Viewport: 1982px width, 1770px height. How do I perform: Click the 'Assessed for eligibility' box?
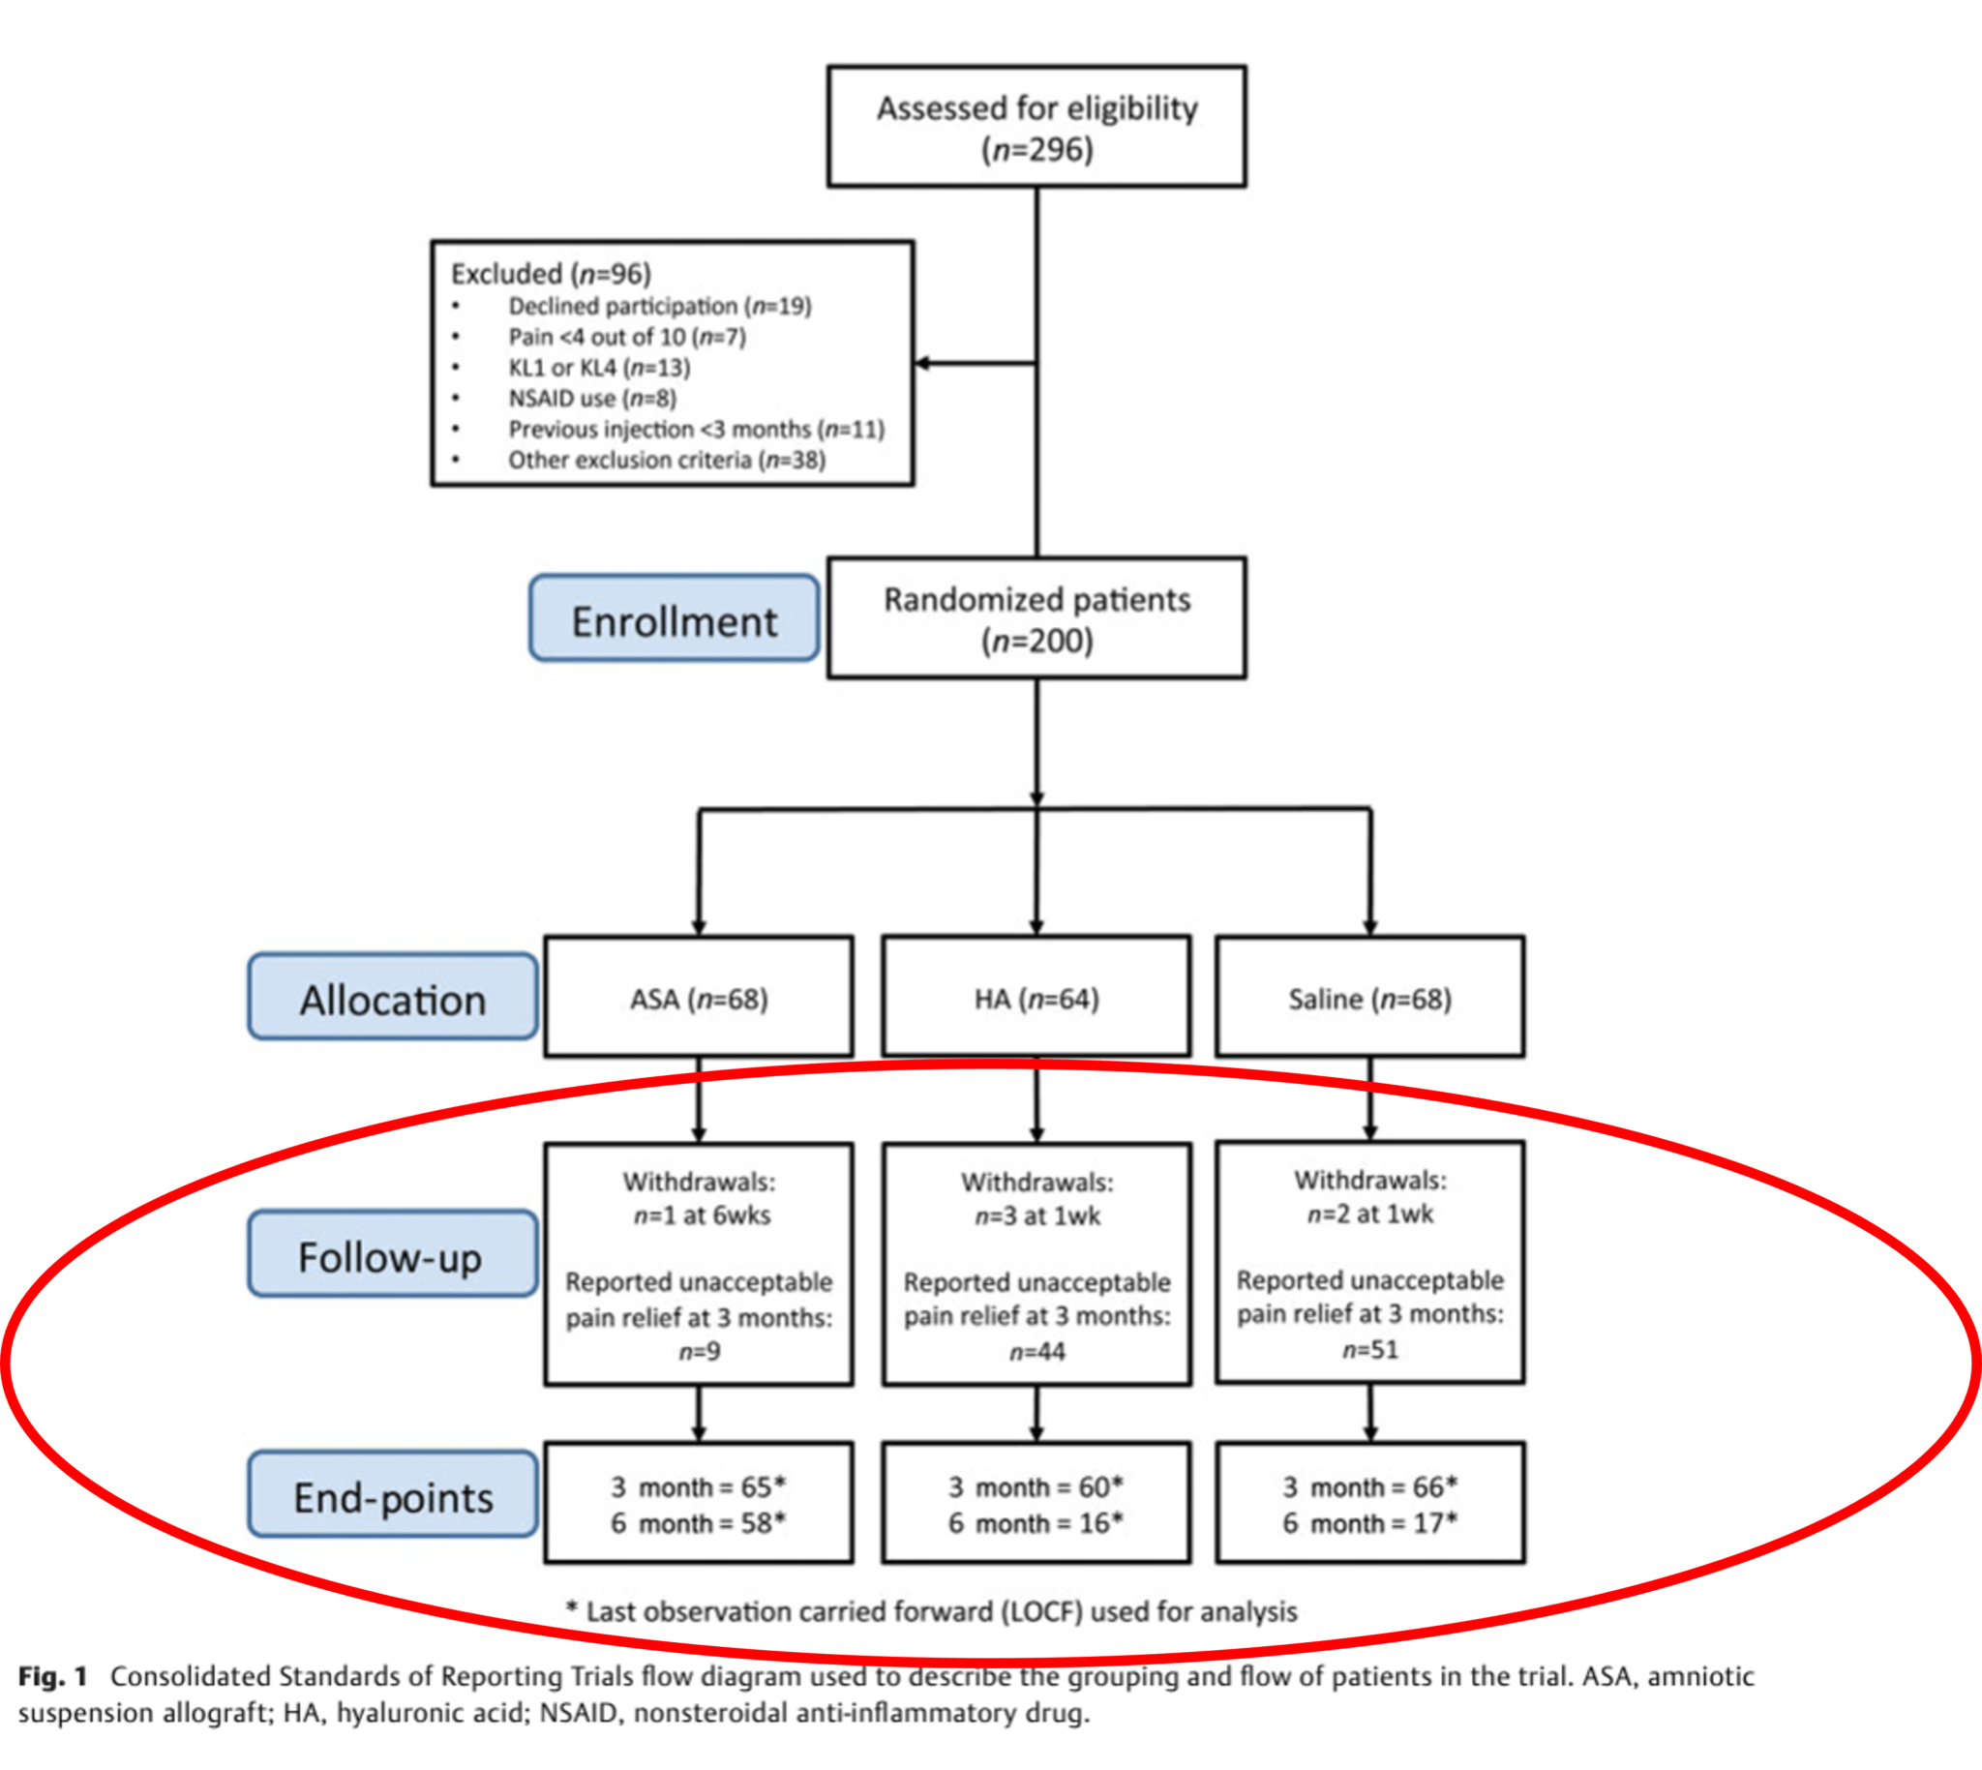(x=1036, y=127)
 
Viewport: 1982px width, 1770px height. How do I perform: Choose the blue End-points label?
(x=392, y=1495)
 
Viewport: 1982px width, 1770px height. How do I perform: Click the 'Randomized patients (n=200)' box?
(x=1036, y=618)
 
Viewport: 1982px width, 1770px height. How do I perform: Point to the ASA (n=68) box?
(x=699, y=998)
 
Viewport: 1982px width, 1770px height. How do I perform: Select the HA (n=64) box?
(x=1036, y=998)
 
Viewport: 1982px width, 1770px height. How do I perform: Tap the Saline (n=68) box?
(x=1369, y=998)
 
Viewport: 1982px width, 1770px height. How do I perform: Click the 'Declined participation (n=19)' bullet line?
(x=659, y=307)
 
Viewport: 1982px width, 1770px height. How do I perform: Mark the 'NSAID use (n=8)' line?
(x=592, y=399)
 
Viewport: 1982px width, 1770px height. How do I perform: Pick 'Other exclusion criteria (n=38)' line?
(x=666, y=460)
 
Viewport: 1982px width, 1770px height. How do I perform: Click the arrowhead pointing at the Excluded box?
(x=923, y=363)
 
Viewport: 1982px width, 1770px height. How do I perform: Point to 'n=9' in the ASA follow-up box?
(x=699, y=1351)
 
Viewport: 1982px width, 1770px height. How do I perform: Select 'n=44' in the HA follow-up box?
(x=1036, y=1351)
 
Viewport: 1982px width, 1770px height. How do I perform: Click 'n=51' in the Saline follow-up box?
(x=1369, y=1349)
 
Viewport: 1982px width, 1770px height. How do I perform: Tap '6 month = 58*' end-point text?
(x=699, y=1523)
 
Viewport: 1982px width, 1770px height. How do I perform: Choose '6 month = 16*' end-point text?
(x=1036, y=1523)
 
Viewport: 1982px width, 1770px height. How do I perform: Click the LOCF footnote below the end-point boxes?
(x=932, y=1611)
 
